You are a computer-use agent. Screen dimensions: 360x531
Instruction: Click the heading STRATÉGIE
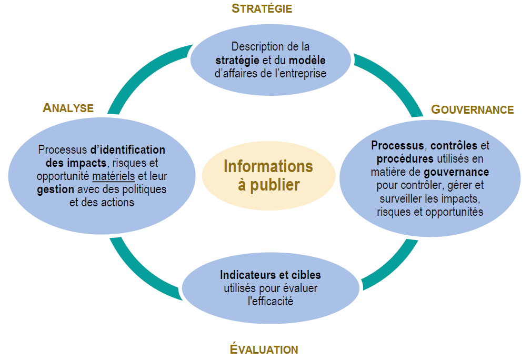pyautogui.click(x=262, y=8)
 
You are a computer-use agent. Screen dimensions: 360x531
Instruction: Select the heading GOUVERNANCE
pyautogui.click(x=472, y=109)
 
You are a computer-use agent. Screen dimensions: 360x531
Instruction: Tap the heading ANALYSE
pyautogui.click(x=68, y=108)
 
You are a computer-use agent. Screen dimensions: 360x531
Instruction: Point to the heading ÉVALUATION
pyautogui.click(x=264, y=349)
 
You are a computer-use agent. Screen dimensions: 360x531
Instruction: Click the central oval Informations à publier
pyautogui.click(x=268, y=176)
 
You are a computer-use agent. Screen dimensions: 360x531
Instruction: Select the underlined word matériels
pyautogui.click(x=113, y=176)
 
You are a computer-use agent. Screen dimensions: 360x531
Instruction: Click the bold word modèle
pyautogui.click(x=307, y=60)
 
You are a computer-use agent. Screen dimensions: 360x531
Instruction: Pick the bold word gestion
pyautogui.click(x=55, y=189)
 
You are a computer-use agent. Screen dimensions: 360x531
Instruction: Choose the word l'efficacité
pyautogui.click(x=270, y=302)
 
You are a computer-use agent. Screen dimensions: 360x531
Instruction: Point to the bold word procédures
pyautogui.click(x=405, y=159)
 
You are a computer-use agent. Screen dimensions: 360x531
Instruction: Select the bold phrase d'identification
pyautogui.click(x=127, y=149)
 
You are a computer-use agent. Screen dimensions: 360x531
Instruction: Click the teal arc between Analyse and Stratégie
pyautogui.click(x=142, y=73)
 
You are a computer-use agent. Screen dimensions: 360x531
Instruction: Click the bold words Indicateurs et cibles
pyautogui.click(x=270, y=275)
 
